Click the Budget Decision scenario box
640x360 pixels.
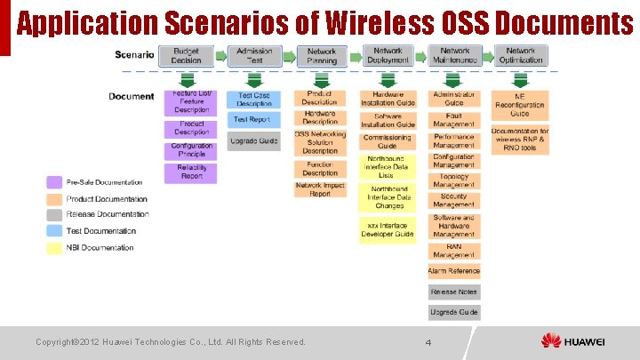(x=187, y=56)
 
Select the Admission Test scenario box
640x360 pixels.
(x=254, y=56)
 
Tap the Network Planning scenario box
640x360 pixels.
(x=321, y=56)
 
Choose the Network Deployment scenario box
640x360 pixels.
(x=388, y=56)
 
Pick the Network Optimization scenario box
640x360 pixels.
(x=520, y=56)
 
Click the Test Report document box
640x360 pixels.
(x=252, y=119)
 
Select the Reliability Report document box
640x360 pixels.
(x=191, y=172)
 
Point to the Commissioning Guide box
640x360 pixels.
(x=388, y=141)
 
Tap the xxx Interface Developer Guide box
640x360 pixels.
(x=388, y=230)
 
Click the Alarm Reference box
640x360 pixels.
(x=454, y=271)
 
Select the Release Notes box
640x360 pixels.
(x=454, y=292)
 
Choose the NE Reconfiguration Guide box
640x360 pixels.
(x=520, y=105)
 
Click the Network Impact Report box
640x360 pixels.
(x=320, y=189)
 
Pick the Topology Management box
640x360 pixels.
(x=454, y=181)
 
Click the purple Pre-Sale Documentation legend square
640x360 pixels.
(x=54, y=182)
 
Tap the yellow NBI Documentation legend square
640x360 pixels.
(x=54, y=247)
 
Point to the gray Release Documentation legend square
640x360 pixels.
(x=54, y=214)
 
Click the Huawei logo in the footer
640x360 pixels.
(x=573, y=341)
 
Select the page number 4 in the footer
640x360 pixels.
(x=428, y=342)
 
